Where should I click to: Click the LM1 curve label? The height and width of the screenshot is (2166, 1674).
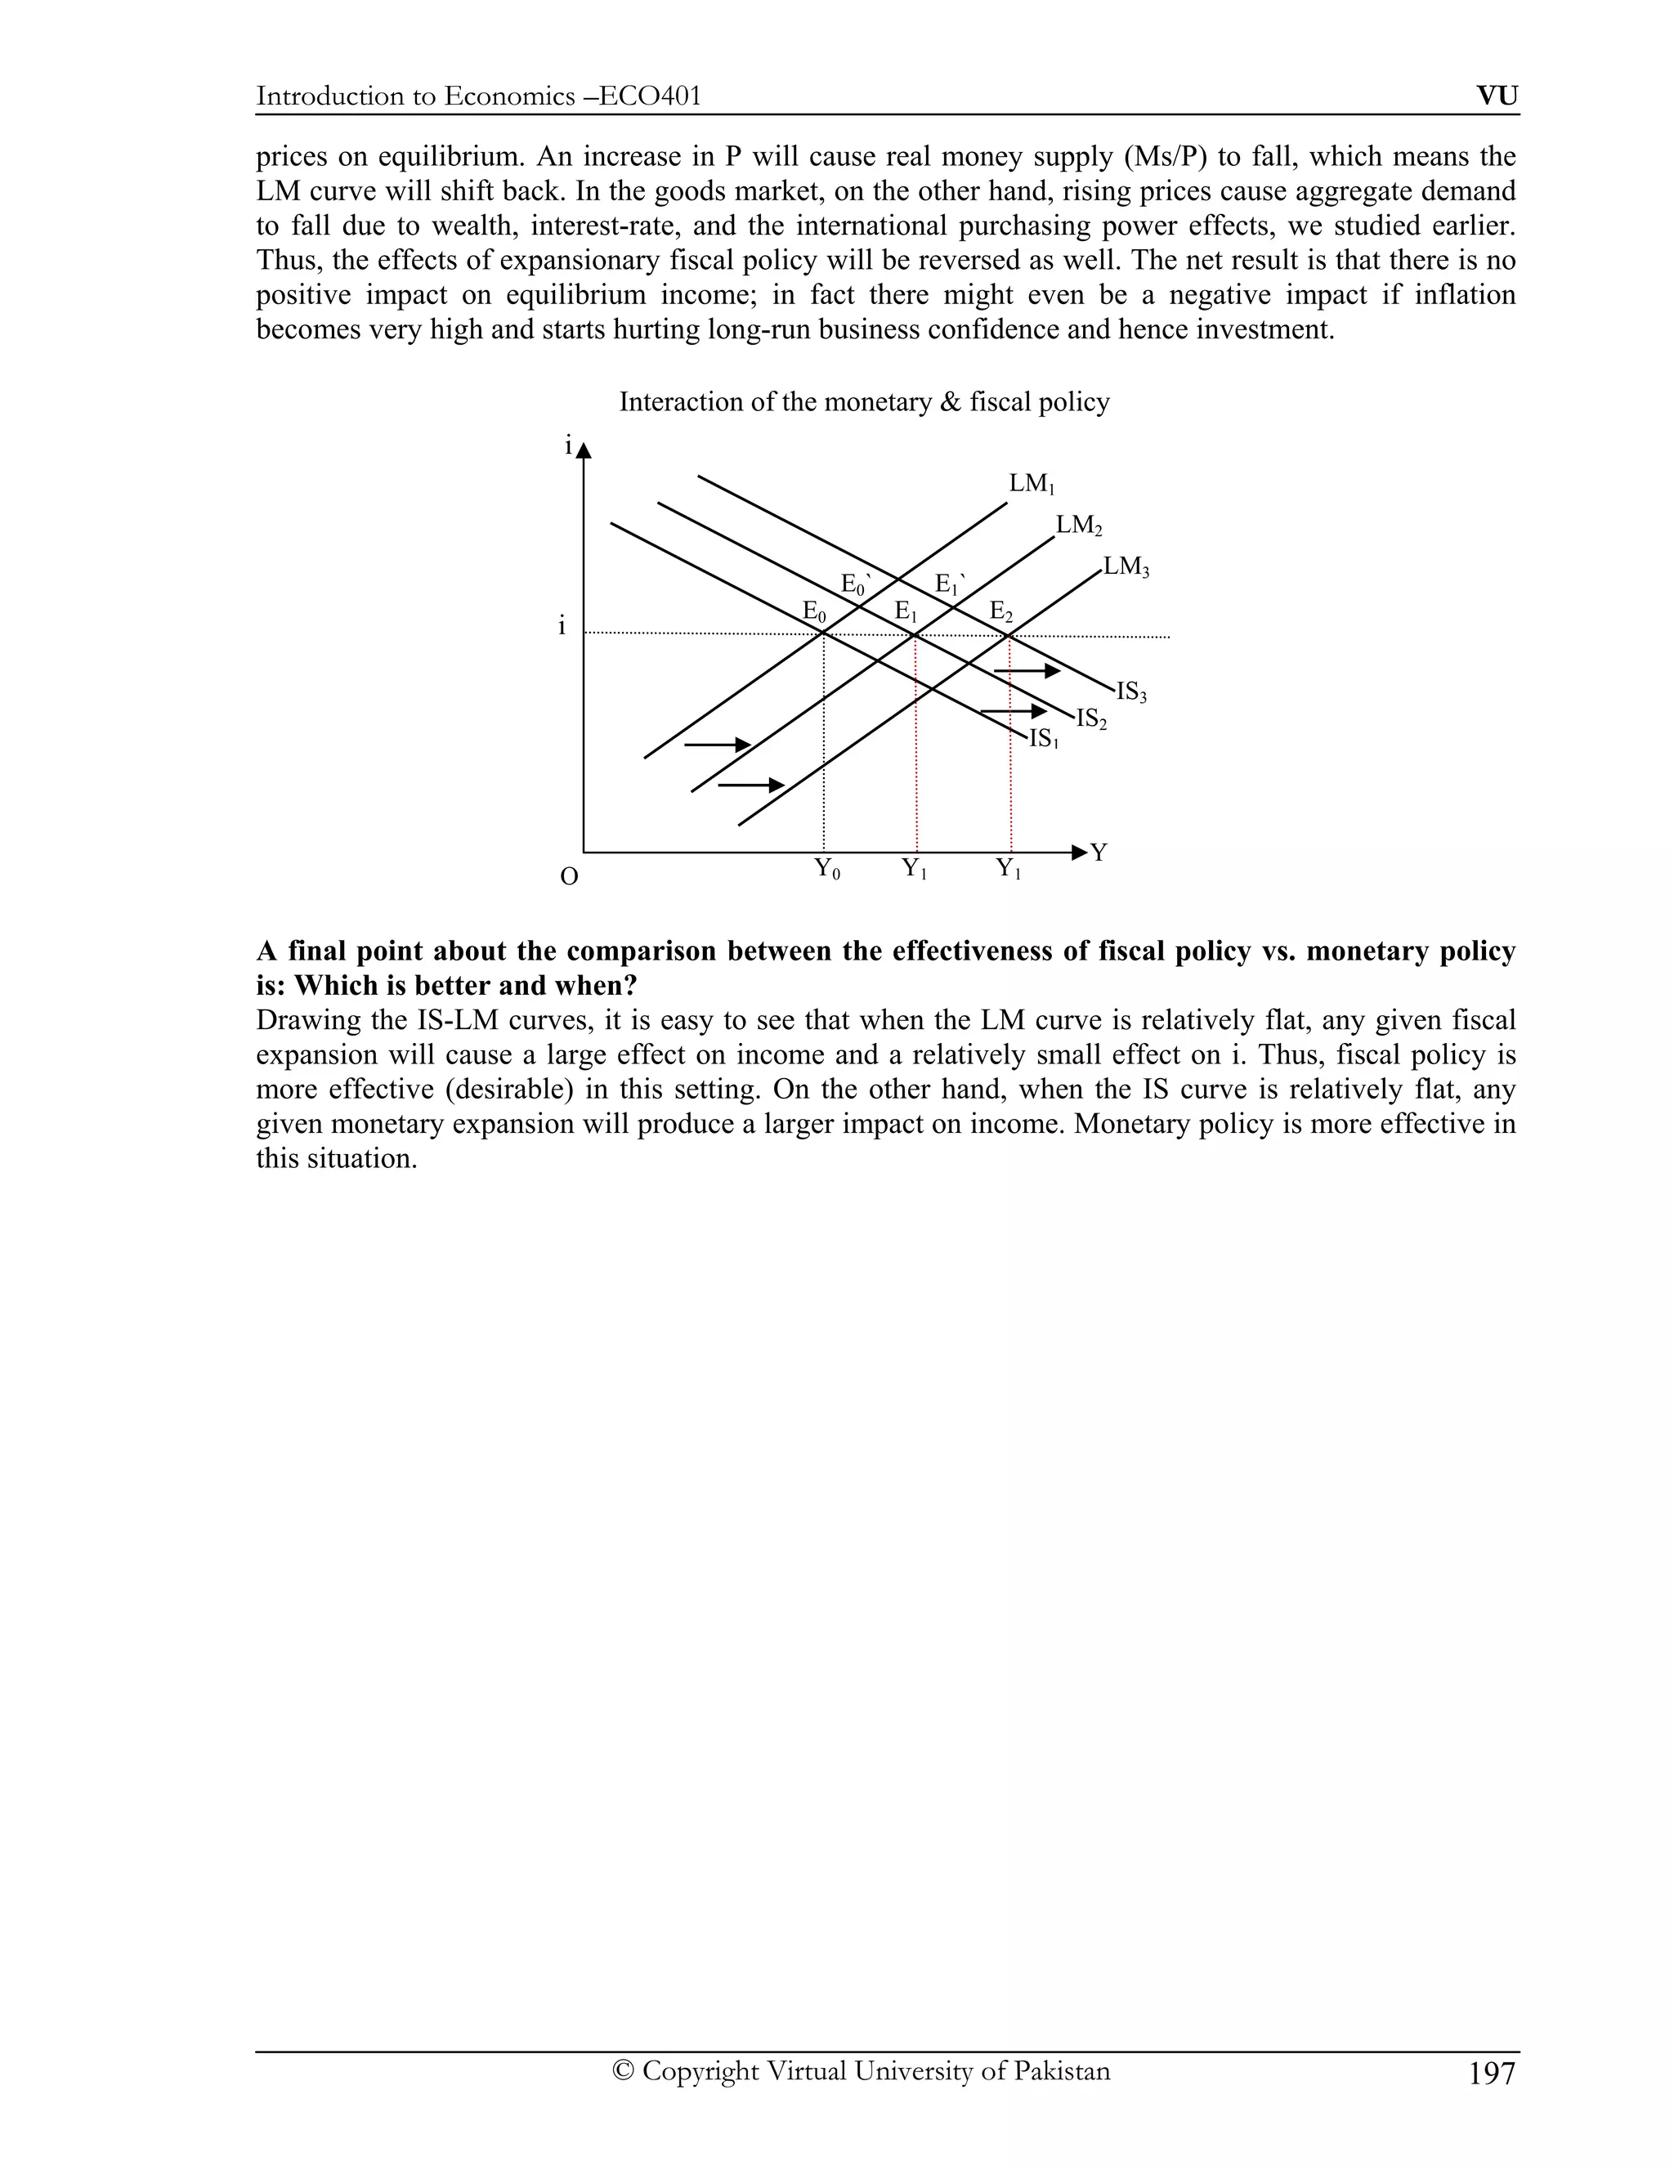click(1032, 485)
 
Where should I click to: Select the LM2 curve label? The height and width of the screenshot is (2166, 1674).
click(1079, 526)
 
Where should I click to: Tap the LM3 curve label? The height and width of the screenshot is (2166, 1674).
click(1126, 568)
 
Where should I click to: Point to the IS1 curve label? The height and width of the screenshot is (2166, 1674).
click(1043, 740)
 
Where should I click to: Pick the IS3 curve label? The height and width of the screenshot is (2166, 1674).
click(1131, 693)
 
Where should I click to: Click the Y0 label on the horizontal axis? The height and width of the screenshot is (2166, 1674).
click(827, 870)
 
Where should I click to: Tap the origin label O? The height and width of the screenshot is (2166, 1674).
click(569, 878)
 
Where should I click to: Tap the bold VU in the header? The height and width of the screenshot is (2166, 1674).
click(1497, 96)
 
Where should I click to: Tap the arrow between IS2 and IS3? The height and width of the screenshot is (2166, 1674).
click(1027, 671)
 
